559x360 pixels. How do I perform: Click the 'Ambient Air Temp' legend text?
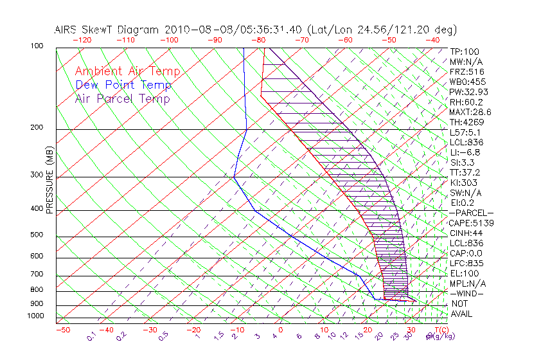coord(127,71)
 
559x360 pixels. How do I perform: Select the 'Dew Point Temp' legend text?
coord(123,85)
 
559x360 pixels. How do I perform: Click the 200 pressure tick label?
coord(38,127)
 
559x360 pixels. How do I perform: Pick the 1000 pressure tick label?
coord(36,316)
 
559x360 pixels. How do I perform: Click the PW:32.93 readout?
coord(466,92)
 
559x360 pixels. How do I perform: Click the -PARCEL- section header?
coord(471,213)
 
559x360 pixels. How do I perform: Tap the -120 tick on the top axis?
coord(82,39)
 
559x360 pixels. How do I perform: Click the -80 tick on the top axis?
coord(259,39)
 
